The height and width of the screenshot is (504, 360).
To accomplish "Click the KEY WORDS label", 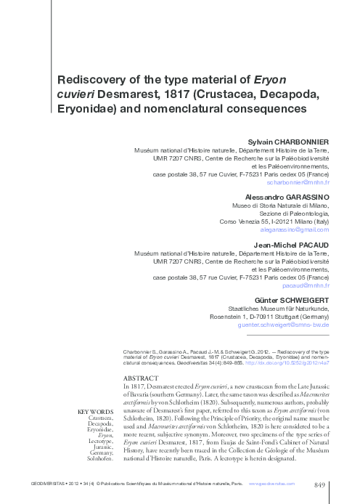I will [x=94, y=412].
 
